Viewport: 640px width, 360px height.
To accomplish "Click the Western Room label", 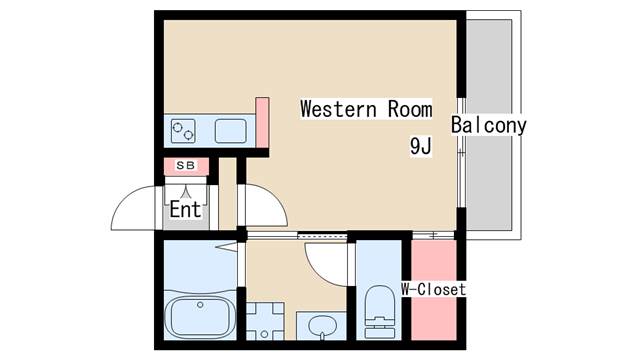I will click(367, 109).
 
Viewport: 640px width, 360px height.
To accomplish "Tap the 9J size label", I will click(420, 146).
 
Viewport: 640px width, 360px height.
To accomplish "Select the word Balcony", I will click(488, 126).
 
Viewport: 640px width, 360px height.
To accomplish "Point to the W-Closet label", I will click(433, 290).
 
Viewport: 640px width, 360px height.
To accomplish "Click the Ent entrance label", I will click(186, 210).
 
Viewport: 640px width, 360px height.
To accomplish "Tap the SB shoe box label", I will click(186, 165).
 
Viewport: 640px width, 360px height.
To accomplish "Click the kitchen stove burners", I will click(184, 130).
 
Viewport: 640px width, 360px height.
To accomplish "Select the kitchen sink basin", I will click(231, 130).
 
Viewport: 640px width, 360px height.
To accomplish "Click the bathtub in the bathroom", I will click(201, 319).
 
